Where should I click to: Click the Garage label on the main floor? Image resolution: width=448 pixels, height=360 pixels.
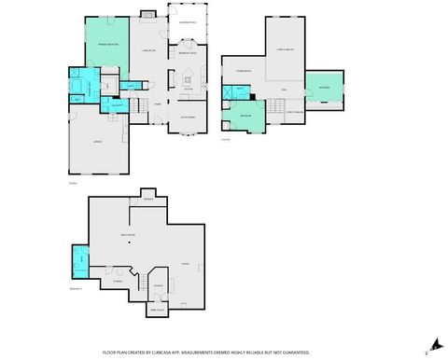pyautogui.click(x=97, y=141)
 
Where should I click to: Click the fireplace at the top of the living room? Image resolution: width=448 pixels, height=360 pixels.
pyautogui.click(x=147, y=14)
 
